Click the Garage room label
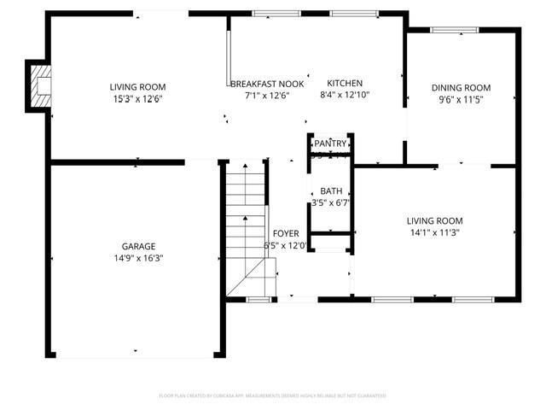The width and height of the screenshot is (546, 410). [137, 247]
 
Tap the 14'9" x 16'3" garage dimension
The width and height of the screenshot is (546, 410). [137, 258]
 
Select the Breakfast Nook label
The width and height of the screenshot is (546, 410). [267, 84]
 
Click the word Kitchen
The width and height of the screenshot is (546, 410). [346, 84]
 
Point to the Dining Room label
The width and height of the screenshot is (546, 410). [461, 88]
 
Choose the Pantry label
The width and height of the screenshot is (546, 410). [330, 143]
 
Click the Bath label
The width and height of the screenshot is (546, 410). [330, 192]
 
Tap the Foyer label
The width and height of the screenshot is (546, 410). [285, 234]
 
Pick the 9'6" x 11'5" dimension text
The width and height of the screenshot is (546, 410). [461, 99]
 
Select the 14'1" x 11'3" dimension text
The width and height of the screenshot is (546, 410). [434, 232]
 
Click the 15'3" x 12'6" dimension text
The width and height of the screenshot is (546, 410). [137, 98]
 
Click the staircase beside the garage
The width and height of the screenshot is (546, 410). [246, 231]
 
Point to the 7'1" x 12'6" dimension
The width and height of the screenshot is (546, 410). [267, 95]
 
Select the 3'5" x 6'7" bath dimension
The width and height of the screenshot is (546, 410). [330, 203]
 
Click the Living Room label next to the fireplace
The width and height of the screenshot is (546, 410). [137, 87]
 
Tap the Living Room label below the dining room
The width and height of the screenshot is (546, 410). [434, 221]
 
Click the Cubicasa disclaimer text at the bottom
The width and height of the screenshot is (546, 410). [273, 395]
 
